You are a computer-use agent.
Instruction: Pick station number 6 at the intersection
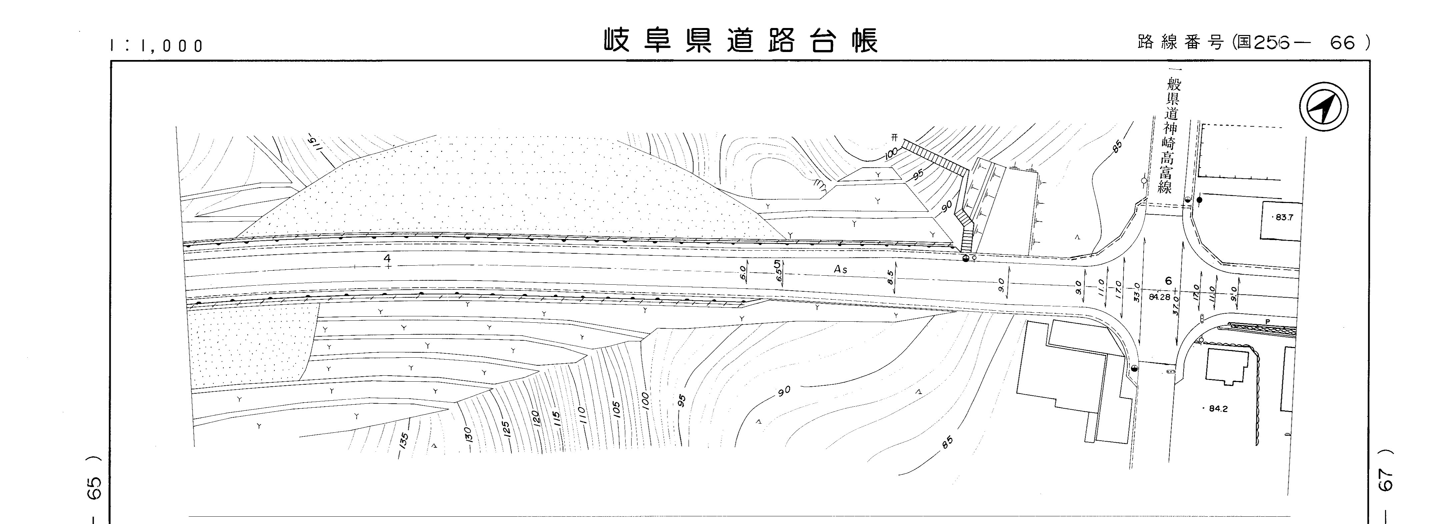point(1168,281)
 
